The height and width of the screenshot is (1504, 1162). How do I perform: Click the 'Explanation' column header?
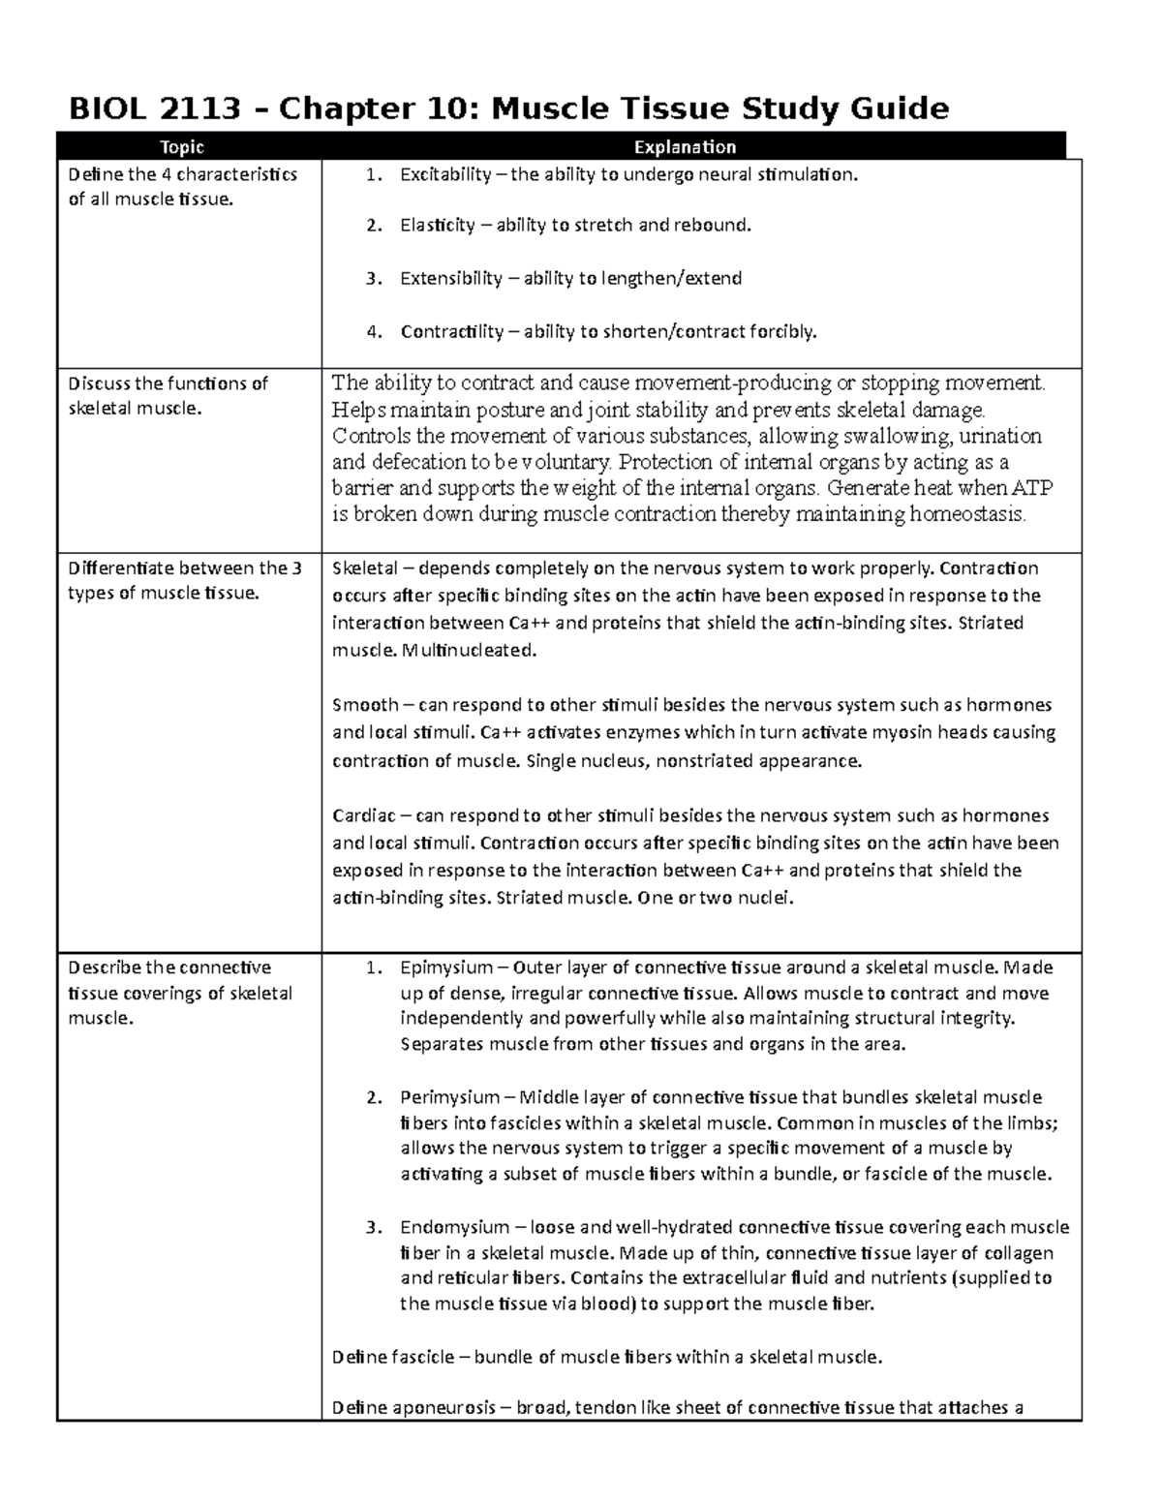click(x=685, y=147)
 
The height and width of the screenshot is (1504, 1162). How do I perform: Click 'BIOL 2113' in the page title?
click(x=154, y=107)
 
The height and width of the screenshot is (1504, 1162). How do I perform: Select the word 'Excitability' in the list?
click(x=445, y=175)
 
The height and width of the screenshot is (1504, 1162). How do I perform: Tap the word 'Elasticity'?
click(x=438, y=226)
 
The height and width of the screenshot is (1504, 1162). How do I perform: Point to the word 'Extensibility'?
click(x=451, y=279)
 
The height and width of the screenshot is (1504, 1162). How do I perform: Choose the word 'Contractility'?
click(x=452, y=332)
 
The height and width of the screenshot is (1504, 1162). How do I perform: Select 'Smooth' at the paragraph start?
click(x=365, y=705)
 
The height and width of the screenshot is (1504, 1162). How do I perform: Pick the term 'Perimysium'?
click(x=450, y=1097)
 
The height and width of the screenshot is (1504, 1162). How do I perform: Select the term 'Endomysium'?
click(x=454, y=1227)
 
